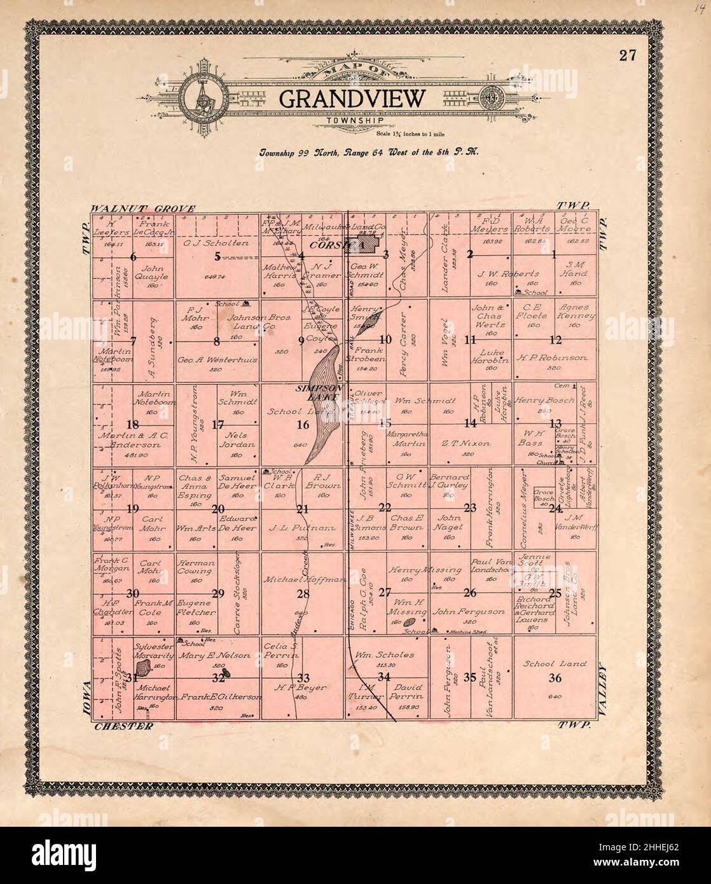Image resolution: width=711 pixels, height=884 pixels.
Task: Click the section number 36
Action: coord(555,678)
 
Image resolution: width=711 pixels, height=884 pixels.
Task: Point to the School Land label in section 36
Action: coord(555,663)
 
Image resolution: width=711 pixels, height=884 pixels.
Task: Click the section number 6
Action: coord(133,257)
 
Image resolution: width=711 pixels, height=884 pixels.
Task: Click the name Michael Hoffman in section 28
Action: coord(303,579)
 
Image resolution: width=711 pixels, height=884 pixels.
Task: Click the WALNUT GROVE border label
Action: coord(137,208)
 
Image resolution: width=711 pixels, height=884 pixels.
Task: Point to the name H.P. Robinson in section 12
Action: coord(554,358)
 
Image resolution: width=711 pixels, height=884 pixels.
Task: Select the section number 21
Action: coord(303,508)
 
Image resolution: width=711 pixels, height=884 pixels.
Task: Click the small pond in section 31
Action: coord(142,669)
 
